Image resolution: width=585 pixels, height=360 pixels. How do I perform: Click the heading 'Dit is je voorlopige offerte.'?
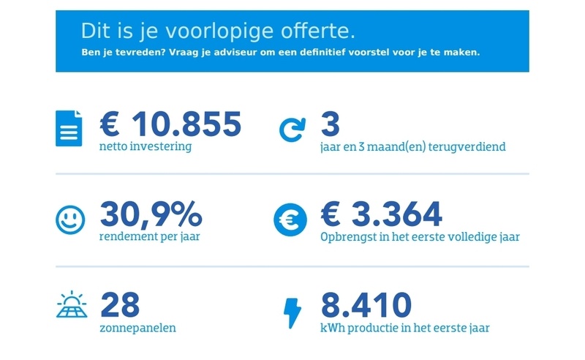click(219, 32)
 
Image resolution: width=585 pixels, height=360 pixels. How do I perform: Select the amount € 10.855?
click(170, 124)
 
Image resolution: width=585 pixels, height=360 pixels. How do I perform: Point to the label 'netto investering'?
click(146, 146)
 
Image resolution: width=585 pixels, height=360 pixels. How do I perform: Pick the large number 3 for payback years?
click(331, 124)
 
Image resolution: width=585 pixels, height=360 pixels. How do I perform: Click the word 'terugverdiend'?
click(472, 147)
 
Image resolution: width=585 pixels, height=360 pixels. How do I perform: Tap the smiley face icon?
click(70, 219)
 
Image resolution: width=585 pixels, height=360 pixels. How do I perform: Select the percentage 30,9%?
click(151, 214)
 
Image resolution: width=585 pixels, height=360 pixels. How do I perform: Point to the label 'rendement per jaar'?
click(150, 236)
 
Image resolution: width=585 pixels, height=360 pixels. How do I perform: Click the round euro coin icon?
click(290, 220)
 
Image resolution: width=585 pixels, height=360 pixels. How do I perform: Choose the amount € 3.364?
click(382, 214)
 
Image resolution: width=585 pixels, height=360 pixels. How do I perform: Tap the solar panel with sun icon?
click(71, 306)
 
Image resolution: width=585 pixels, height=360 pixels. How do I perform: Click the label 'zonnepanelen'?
click(137, 328)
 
